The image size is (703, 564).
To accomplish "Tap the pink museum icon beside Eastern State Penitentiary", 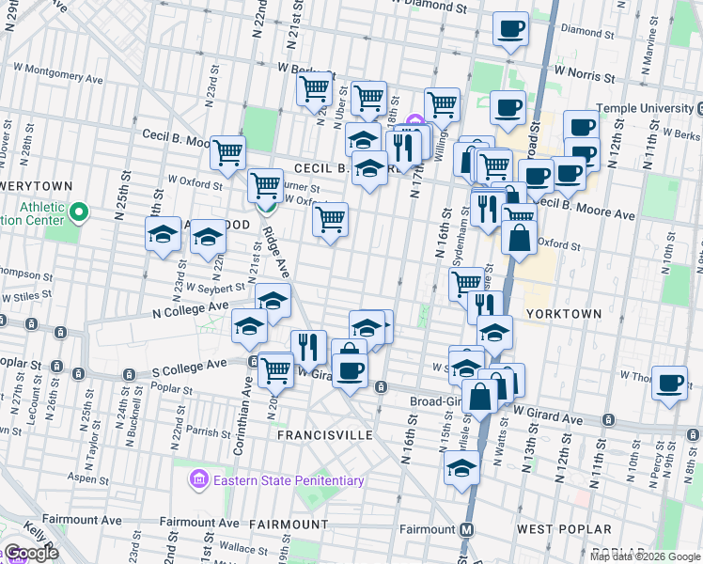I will click(x=198, y=481).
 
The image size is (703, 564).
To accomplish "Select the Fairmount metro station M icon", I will click(x=466, y=529).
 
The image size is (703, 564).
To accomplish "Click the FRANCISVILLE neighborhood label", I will click(x=325, y=435).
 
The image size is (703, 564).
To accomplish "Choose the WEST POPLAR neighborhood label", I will click(x=564, y=529).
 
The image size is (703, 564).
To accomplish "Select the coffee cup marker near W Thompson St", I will click(x=669, y=383).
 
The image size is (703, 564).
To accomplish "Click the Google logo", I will click(x=31, y=553).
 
